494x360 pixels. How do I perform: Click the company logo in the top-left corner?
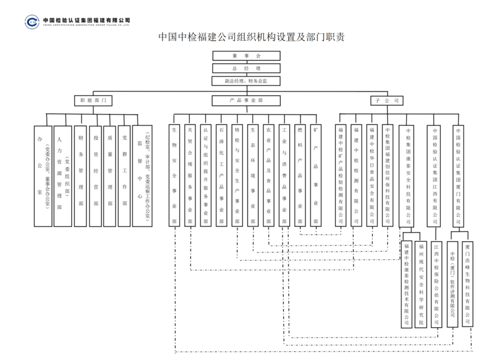pos(32,22)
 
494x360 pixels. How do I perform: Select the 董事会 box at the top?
pos(246,56)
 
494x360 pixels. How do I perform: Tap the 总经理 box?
pos(246,68)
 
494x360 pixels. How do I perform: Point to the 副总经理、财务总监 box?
pos(246,81)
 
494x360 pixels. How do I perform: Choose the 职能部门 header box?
pos(92,100)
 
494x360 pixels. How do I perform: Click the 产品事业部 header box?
pos(246,100)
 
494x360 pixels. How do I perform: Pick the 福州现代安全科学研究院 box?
pos(421,284)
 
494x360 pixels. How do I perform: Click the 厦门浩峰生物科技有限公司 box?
pos(468,284)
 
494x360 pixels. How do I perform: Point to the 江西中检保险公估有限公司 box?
pos(437,284)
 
